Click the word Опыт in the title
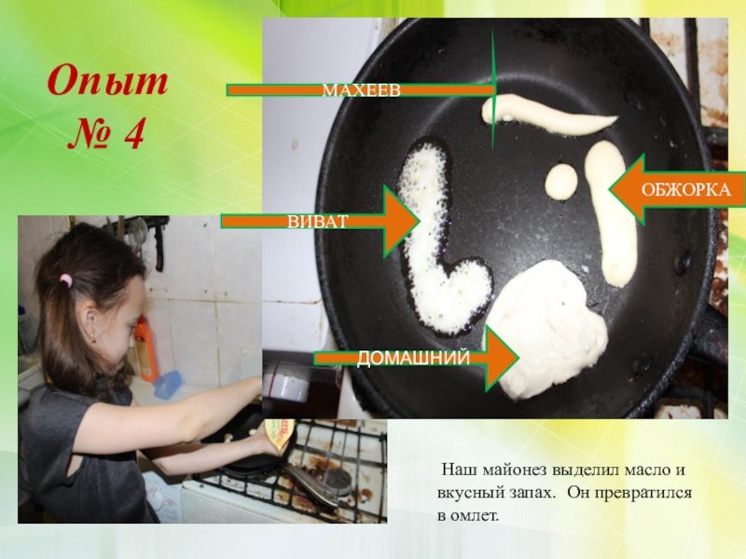click(107, 81)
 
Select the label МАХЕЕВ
click(362, 90)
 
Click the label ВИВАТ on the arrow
click(318, 222)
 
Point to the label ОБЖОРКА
click(685, 190)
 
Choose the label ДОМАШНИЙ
click(413, 358)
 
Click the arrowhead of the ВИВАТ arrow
click(402, 221)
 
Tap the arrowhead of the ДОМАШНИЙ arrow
click(502, 358)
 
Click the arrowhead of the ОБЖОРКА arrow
click(627, 189)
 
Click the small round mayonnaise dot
click(561, 182)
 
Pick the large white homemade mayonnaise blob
click(546, 328)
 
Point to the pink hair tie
click(66, 280)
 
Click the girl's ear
click(90, 323)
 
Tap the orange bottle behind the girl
click(145, 348)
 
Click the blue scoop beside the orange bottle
click(167, 385)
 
